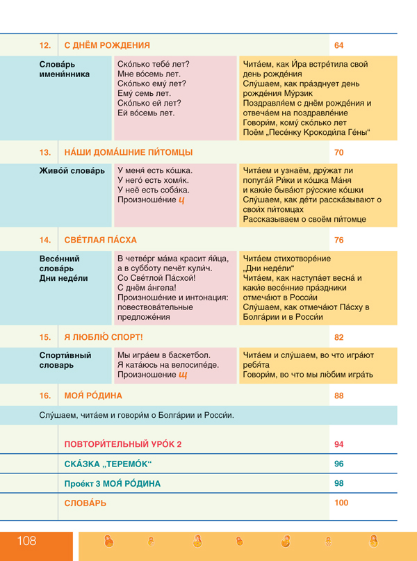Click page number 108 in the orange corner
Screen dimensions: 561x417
[26, 541]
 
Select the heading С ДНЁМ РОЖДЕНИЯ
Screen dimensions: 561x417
[107, 46]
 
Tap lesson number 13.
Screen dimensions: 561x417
[45, 152]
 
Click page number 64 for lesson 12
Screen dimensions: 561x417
[339, 46]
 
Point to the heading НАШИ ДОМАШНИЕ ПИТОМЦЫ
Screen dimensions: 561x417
[129, 152]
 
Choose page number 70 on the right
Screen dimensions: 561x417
[339, 152]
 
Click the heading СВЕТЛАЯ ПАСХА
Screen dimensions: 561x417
[101, 240]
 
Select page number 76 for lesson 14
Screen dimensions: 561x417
[339, 240]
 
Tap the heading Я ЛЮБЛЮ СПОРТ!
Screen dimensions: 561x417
[104, 337]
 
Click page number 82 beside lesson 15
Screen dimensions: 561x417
[339, 337]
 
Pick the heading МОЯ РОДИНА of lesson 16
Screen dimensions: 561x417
[93, 396]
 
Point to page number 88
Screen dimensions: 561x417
[339, 396]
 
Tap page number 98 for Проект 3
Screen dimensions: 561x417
[339, 483]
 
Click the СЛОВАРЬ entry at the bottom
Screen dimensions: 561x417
[85, 503]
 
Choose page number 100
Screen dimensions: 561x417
[341, 503]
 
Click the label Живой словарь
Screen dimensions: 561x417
[72, 170]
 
